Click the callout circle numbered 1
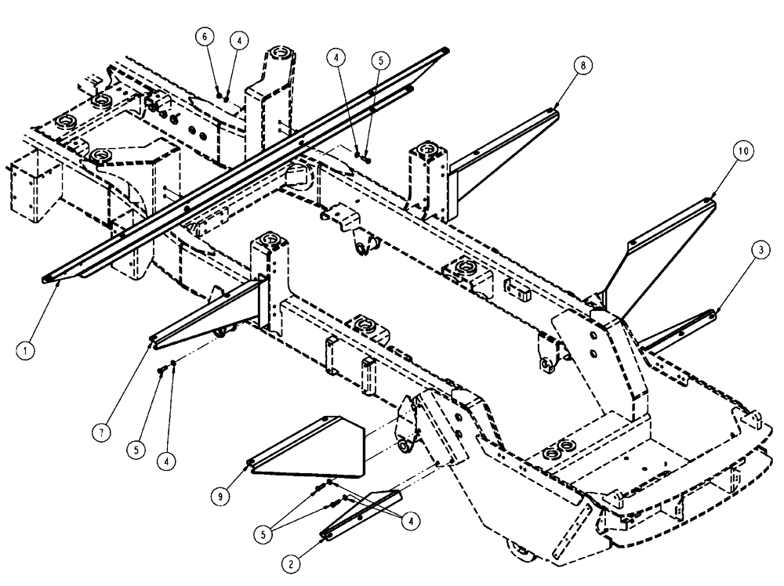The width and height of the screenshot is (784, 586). coord(25,352)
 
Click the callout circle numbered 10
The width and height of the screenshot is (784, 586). coord(743,149)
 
